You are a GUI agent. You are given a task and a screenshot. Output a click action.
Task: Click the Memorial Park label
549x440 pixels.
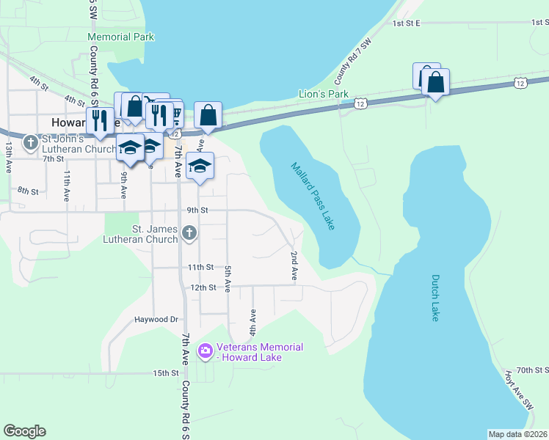(x=120, y=37)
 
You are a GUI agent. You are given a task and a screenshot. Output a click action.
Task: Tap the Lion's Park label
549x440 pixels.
(x=323, y=94)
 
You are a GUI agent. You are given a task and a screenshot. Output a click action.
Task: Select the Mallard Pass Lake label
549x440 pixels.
(x=313, y=196)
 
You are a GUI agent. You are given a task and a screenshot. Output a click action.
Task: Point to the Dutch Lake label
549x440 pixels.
(x=435, y=297)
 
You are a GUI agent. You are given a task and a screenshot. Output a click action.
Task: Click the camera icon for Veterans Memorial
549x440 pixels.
(x=205, y=352)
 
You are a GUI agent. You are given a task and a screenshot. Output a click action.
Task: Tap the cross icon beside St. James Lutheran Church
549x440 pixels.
(x=189, y=234)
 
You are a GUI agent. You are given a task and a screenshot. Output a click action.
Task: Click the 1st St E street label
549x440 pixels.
(x=406, y=23)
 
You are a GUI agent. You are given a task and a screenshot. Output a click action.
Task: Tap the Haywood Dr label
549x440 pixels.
(x=156, y=320)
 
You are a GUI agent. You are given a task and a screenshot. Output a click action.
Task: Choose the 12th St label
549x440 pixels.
(x=203, y=287)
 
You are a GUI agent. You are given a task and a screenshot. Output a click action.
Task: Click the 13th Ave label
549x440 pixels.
(x=9, y=158)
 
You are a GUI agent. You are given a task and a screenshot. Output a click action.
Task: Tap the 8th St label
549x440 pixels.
(x=28, y=191)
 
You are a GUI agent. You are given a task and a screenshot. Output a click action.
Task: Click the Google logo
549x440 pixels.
(x=24, y=431)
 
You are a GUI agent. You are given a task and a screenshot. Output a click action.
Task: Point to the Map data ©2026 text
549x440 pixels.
(x=517, y=434)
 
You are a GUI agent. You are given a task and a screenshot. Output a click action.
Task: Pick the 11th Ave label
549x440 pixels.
(x=67, y=186)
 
